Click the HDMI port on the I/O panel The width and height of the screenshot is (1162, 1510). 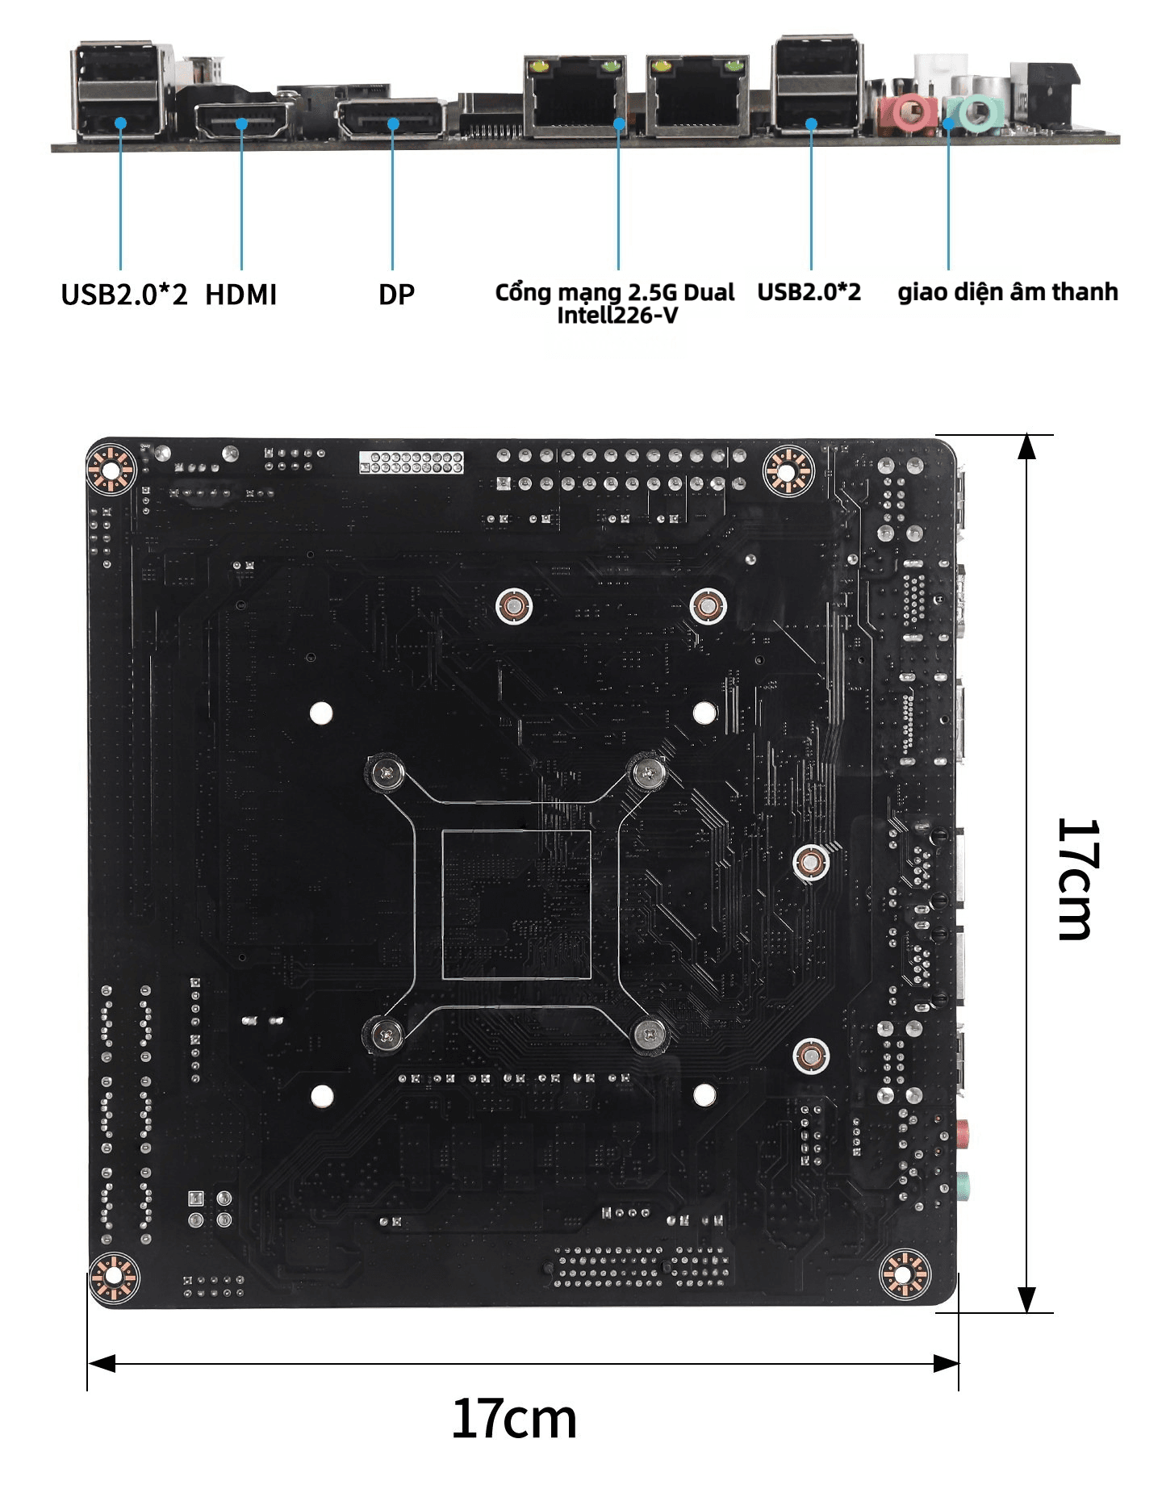click(243, 122)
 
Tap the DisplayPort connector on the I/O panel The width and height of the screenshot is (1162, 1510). click(391, 119)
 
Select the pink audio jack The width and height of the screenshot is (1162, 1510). click(908, 112)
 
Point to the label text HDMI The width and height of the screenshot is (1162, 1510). click(240, 295)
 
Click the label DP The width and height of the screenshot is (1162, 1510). click(396, 295)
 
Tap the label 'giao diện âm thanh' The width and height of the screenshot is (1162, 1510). click(1008, 291)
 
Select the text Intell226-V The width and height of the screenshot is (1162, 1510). click(617, 315)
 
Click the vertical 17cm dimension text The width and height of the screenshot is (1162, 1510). click(1076, 879)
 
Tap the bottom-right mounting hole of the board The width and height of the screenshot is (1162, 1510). click(904, 1274)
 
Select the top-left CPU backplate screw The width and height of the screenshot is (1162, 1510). click(387, 774)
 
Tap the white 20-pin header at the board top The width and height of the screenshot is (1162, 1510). click(412, 462)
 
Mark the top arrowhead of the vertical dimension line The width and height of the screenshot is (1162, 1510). click(1026, 446)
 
